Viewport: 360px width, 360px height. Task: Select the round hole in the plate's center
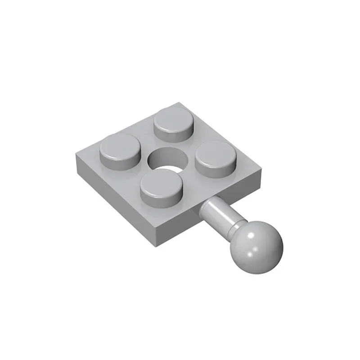coord(168,160)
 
